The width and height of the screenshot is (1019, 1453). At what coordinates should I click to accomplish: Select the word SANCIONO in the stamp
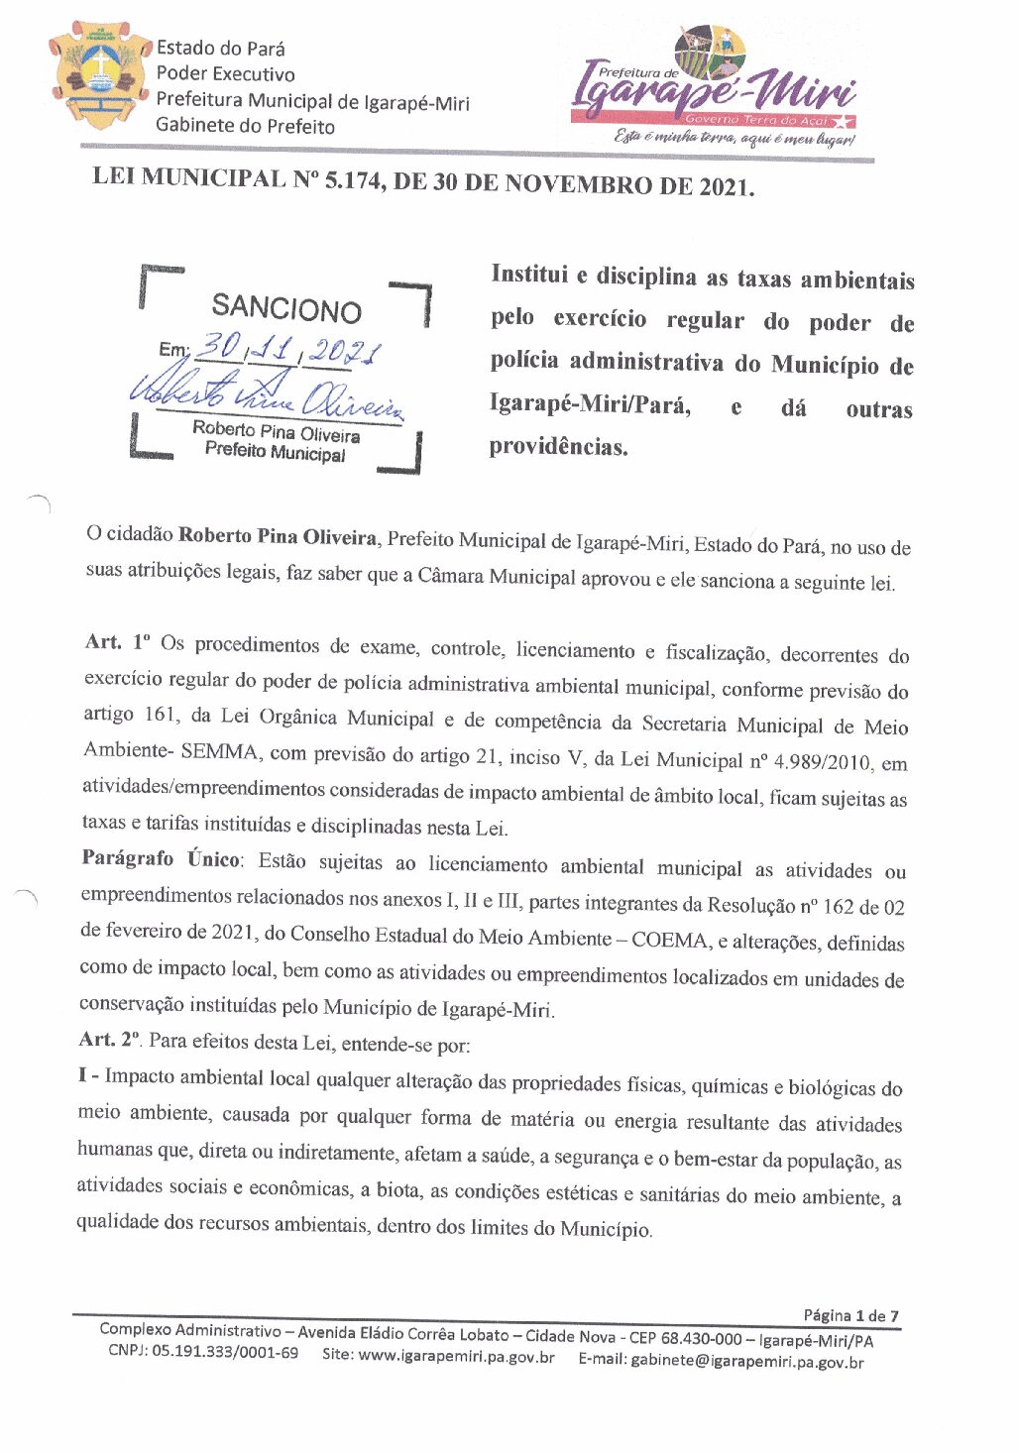coord(286,309)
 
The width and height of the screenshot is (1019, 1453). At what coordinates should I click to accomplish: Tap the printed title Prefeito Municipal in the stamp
coord(276,452)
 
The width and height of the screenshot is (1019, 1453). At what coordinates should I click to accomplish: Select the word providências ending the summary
coord(558,447)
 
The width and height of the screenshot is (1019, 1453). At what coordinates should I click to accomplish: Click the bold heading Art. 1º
coord(117,642)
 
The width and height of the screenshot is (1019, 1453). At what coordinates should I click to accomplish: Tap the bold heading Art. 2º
coord(109,1040)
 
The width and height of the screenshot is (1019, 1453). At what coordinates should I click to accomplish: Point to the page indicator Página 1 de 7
coord(850,1316)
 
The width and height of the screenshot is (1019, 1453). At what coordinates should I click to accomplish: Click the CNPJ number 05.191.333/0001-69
coord(224,1353)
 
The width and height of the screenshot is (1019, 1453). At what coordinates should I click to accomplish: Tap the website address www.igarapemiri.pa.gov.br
coord(456,1357)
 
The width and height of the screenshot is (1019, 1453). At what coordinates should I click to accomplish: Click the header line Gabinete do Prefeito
coord(245,126)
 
